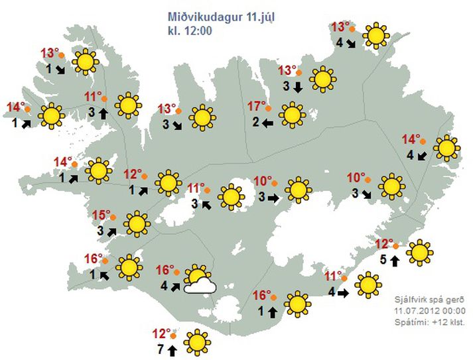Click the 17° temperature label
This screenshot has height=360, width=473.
pyautogui.click(x=256, y=107)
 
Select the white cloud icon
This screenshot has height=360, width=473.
pyautogui.click(x=200, y=286)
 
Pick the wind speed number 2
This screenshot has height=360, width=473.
pyautogui.click(x=255, y=121)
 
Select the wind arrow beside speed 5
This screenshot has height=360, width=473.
pyautogui.click(x=395, y=260)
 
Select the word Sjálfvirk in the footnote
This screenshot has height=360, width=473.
pyautogui.click(x=411, y=299)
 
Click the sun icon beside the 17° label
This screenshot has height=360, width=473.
pyautogui.click(x=291, y=115)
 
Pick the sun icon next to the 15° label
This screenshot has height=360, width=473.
pyautogui.click(x=137, y=224)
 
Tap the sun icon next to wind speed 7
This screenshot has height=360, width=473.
pyautogui.click(x=196, y=342)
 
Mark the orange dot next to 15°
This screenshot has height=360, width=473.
pyautogui.click(x=114, y=216)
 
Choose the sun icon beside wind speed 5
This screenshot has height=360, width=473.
pyautogui.click(x=419, y=253)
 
